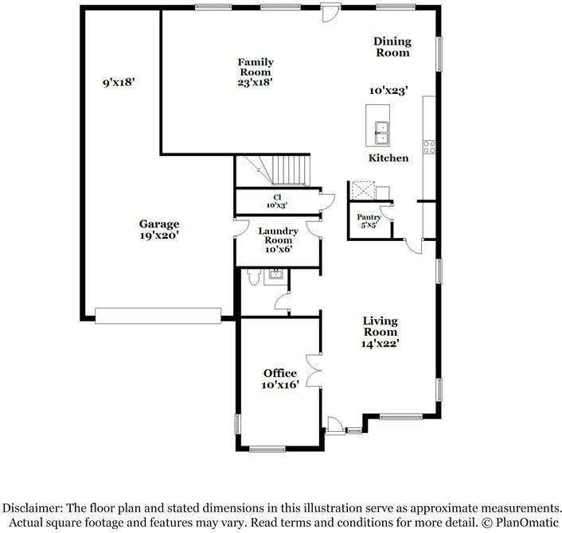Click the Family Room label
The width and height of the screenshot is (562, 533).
pyautogui.click(x=256, y=67)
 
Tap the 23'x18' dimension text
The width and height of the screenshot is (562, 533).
pyautogui.click(x=256, y=81)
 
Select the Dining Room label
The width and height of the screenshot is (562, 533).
pyautogui.click(x=392, y=47)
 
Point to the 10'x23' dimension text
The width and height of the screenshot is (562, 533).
pyautogui.click(x=388, y=91)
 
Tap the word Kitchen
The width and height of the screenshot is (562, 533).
pyautogui.click(x=388, y=158)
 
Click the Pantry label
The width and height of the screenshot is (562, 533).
pyautogui.click(x=369, y=216)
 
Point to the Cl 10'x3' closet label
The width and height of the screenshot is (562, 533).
pyautogui.click(x=276, y=200)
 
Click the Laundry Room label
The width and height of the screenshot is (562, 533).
pyautogui.click(x=279, y=236)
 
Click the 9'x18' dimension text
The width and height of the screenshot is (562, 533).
pyautogui.click(x=119, y=82)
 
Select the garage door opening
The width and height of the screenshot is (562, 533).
pyautogui.click(x=158, y=316)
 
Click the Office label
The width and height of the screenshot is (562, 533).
pyautogui.click(x=280, y=373)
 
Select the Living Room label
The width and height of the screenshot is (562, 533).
pyautogui.click(x=381, y=326)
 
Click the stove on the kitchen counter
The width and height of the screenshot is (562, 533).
pyautogui.click(x=430, y=146)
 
